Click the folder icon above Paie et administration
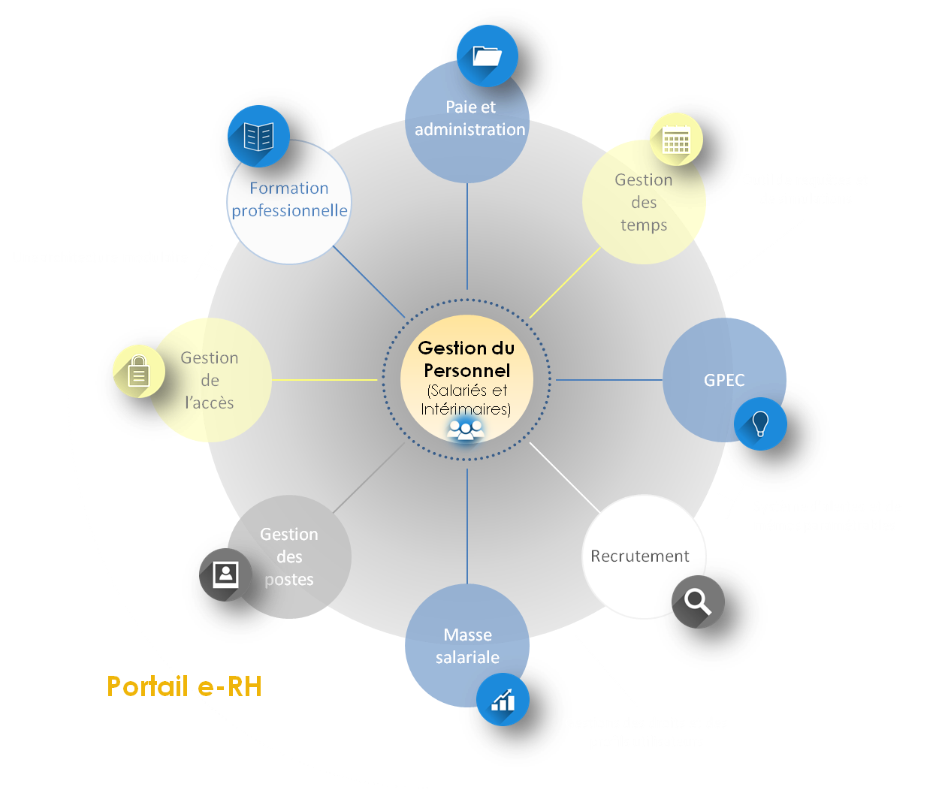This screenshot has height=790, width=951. pos(487,56)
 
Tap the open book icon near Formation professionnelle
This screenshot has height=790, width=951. pos(258,137)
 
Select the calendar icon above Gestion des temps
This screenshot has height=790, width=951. pos(676,140)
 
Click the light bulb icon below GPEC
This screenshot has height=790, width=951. pos(760,424)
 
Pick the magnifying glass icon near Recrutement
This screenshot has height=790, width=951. pos(698,602)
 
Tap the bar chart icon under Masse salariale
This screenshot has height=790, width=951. pos(503,700)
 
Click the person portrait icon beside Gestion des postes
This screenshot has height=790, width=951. pos(225,575)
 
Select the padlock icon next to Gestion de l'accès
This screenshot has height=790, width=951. pos(139,371)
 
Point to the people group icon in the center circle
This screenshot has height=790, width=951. pos(466,430)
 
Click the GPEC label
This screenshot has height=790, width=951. pos(724,380)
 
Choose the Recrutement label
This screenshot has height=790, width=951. pos(639,556)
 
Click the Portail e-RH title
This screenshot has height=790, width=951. pos(184,686)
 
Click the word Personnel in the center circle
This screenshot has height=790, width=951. pos(466,370)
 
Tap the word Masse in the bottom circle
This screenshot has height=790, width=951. pos(467,635)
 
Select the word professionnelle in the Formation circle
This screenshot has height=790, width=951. pos(289,211)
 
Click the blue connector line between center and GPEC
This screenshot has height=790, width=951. pos(608,380)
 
